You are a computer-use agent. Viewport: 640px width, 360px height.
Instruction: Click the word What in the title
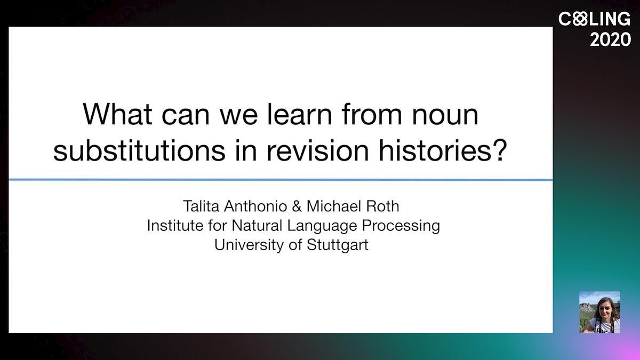tap(117, 114)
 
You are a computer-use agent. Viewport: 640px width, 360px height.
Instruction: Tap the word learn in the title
tap(299, 114)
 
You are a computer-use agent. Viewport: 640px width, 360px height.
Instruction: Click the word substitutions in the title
tap(139, 150)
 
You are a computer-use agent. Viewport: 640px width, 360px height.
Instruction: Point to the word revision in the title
tap(317, 150)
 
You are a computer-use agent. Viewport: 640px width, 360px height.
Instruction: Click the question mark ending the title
tap(499, 150)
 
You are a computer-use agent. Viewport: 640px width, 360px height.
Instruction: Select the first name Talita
tap(201, 206)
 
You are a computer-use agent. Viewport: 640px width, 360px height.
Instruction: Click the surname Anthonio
tap(255, 206)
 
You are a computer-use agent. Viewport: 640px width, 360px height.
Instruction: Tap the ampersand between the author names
tap(297, 206)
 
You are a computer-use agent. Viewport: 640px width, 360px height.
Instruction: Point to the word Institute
tap(175, 225)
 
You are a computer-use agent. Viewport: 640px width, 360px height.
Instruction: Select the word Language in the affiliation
tap(322, 226)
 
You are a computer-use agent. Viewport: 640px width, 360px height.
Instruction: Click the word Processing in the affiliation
tap(401, 226)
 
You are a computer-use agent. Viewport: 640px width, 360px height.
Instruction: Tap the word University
tap(249, 245)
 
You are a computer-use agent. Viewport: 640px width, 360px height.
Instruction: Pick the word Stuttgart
tap(338, 245)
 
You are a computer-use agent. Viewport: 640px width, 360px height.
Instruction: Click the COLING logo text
tap(594, 19)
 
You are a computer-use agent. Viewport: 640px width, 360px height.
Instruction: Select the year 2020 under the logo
tap(610, 39)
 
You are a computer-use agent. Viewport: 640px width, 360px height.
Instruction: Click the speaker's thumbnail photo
tap(599, 312)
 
